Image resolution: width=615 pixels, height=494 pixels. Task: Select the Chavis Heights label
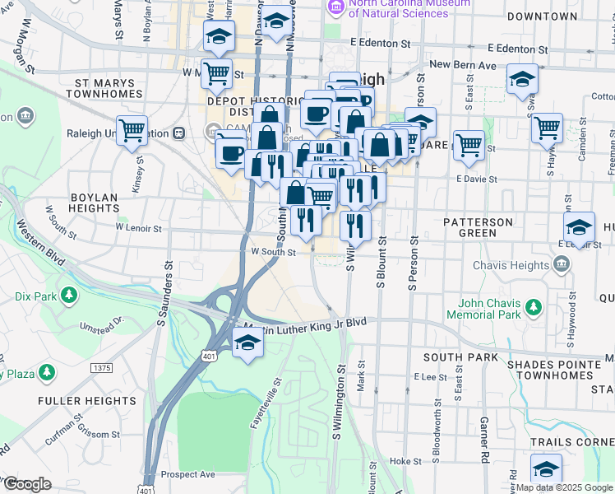pyautogui.click(x=511, y=265)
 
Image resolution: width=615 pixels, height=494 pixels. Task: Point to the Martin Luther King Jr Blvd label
pyautogui.click(x=306, y=325)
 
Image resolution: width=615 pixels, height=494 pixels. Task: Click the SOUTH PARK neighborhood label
pyautogui.click(x=460, y=357)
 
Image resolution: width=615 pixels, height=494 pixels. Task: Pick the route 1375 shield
pyautogui.click(x=102, y=367)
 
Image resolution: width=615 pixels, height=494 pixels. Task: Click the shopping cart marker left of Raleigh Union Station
pyautogui.click(x=132, y=131)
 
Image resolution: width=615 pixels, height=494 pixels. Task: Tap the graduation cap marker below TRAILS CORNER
pyautogui.click(x=546, y=470)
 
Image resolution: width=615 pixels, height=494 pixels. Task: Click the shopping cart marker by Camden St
pyautogui.click(x=546, y=128)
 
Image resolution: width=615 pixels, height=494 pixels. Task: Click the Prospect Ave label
pyautogui.click(x=188, y=474)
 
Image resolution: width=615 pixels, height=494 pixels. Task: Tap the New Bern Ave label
pyautogui.click(x=464, y=64)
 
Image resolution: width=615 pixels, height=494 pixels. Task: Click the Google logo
pyautogui.click(x=28, y=484)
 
